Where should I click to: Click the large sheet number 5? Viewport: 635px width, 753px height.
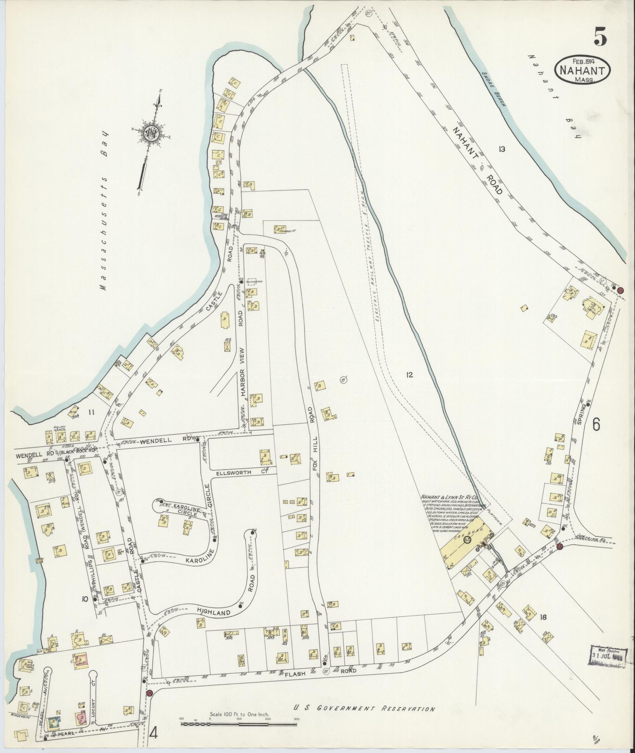pos(600,38)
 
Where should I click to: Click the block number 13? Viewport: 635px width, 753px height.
pos(501,149)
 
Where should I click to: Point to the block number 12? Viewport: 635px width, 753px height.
pos(409,375)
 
